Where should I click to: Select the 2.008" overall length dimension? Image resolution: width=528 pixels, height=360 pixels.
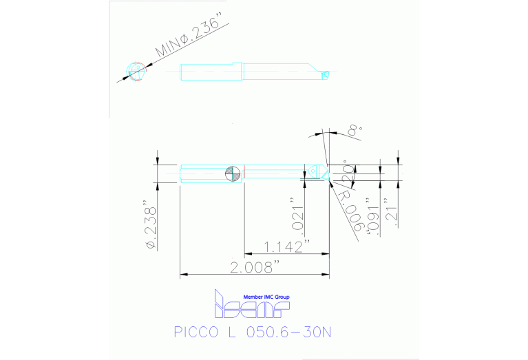point(255,266)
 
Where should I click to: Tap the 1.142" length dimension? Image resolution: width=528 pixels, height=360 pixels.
point(287,245)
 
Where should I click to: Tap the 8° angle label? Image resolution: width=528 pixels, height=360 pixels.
point(353,129)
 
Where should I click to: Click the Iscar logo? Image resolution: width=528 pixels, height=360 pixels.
point(252,306)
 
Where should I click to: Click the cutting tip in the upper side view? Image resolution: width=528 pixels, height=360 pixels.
point(326,71)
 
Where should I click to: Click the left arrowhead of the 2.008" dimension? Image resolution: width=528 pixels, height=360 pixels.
point(182,275)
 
